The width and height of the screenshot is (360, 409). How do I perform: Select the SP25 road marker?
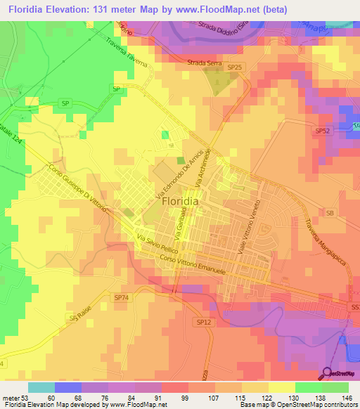point(235,67)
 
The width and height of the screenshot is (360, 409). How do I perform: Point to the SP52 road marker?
point(322,131)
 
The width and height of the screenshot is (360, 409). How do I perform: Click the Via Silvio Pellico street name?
point(156,242)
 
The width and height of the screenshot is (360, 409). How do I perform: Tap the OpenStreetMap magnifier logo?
point(327,375)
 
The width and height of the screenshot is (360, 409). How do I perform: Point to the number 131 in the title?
point(129,10)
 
